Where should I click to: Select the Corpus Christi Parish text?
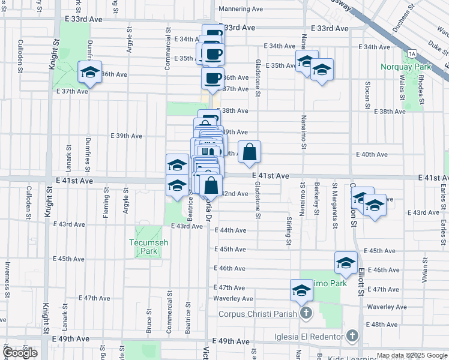258,313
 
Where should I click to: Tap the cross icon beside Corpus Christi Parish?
306,313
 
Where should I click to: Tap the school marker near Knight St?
91,73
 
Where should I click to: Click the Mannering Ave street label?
241,9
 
